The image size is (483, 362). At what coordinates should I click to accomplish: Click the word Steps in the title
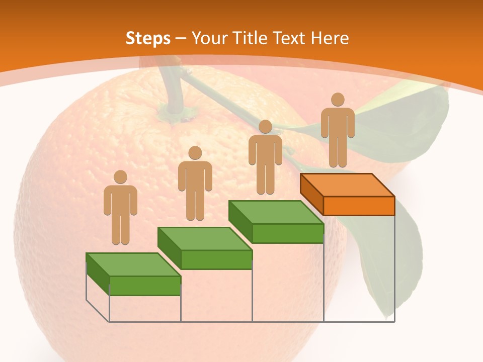click(148, 38)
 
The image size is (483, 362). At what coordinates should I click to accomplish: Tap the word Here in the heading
click(330, 38)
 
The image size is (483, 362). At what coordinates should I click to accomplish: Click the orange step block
click(348, 195)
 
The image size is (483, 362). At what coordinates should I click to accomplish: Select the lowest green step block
click(133, 275)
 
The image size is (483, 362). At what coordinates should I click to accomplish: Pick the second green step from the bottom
click(205, 248)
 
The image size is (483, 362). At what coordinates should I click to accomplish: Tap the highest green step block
click(276, 222)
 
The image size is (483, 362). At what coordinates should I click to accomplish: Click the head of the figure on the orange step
click(338, 100)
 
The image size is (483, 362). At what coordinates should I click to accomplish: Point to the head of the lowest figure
click(120, 176)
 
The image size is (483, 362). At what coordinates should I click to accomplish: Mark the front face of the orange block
click(359, 206)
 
